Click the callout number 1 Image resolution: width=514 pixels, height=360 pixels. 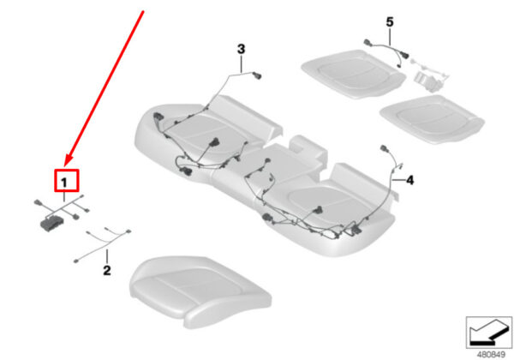point(64,183)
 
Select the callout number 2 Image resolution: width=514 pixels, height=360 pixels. point(107,271)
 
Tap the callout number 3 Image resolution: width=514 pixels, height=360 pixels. point(241,49)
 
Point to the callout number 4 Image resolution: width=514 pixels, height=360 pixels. point(409,180)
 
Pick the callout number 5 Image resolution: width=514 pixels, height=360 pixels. point(390,22)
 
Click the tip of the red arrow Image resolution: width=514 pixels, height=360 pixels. point(65,166)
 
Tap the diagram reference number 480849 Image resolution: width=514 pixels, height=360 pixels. point(491,354)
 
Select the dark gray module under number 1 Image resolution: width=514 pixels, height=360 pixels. point(51,223)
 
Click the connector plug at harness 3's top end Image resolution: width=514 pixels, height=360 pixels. point(257,75)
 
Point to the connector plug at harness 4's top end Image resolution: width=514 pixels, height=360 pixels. point(384,149)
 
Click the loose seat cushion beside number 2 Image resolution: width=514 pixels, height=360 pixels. point(200,291)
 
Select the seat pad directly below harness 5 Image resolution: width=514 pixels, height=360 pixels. point(353,74)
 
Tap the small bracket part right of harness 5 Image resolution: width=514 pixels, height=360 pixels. point(427,81)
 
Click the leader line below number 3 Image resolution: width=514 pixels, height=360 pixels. point(242,64)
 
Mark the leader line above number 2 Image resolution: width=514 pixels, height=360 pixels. point(107,256)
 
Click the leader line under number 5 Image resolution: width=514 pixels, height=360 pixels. point(390,37)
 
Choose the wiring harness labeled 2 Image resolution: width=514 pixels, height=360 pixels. point(102,244)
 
